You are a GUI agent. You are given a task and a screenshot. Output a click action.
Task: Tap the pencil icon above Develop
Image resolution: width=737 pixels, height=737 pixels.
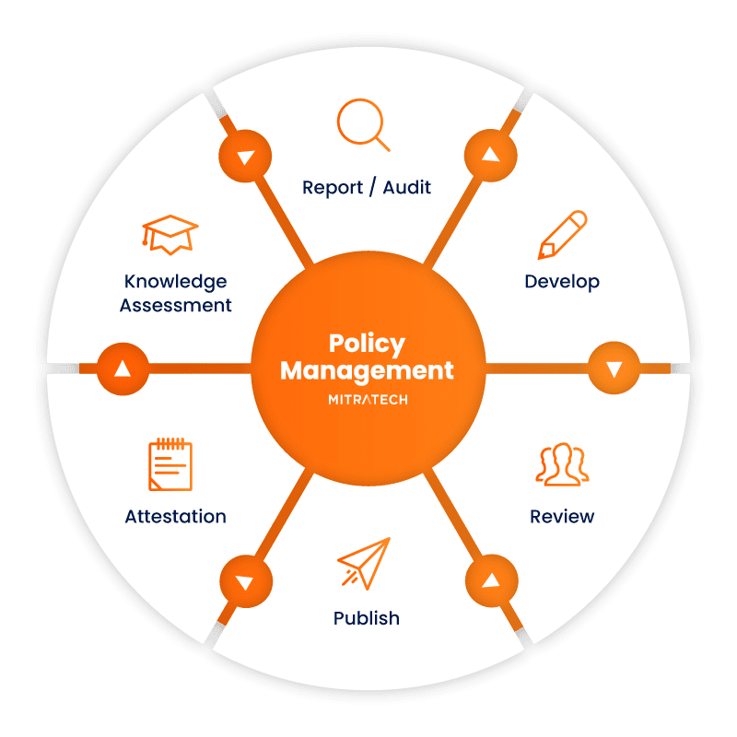tap(563, 235)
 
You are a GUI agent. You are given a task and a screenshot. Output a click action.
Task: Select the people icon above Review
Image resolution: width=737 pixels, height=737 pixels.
tap(561, 465)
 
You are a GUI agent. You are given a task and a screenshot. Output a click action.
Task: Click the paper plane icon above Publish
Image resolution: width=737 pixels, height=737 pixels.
tap(364, 564)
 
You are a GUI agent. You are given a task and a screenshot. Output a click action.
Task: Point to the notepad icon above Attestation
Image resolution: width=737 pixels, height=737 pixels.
tap(170, 465)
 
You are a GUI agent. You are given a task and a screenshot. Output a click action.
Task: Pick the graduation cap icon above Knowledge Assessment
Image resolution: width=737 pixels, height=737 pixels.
tap(170, 235)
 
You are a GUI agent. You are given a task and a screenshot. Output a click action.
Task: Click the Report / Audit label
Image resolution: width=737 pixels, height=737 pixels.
tap(367, 187)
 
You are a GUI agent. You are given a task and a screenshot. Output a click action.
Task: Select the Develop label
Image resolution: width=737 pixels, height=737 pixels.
tap(562, 281)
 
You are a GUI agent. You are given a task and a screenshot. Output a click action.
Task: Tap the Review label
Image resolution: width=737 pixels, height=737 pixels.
tap(562, 516)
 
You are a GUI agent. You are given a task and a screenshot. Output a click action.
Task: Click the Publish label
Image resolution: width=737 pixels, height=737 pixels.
tap(367, 617)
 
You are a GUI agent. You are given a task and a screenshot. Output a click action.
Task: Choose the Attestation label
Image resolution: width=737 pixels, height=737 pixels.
tap(175, 516)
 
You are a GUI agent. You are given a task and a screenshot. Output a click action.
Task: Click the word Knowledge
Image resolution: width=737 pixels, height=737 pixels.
tap(174, 281)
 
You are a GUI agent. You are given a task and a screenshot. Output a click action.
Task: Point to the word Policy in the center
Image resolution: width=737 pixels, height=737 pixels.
tap(367, 345)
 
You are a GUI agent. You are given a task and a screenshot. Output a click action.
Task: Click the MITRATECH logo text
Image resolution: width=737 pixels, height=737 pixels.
tap(367, 400)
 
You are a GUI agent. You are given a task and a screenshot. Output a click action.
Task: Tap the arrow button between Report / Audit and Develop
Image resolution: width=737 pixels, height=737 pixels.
tap(491, 155)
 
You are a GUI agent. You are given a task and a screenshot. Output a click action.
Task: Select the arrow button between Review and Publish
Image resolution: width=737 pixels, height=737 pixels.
tap(491, 581)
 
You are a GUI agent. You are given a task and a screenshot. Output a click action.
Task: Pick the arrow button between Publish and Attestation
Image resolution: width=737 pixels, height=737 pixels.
tap(245, 582)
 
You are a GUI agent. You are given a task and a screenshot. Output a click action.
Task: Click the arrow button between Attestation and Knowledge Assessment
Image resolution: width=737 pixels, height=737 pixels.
tap(123, 368)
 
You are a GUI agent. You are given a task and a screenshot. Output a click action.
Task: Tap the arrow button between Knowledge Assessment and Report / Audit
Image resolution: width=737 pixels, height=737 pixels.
tap(245, 156)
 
